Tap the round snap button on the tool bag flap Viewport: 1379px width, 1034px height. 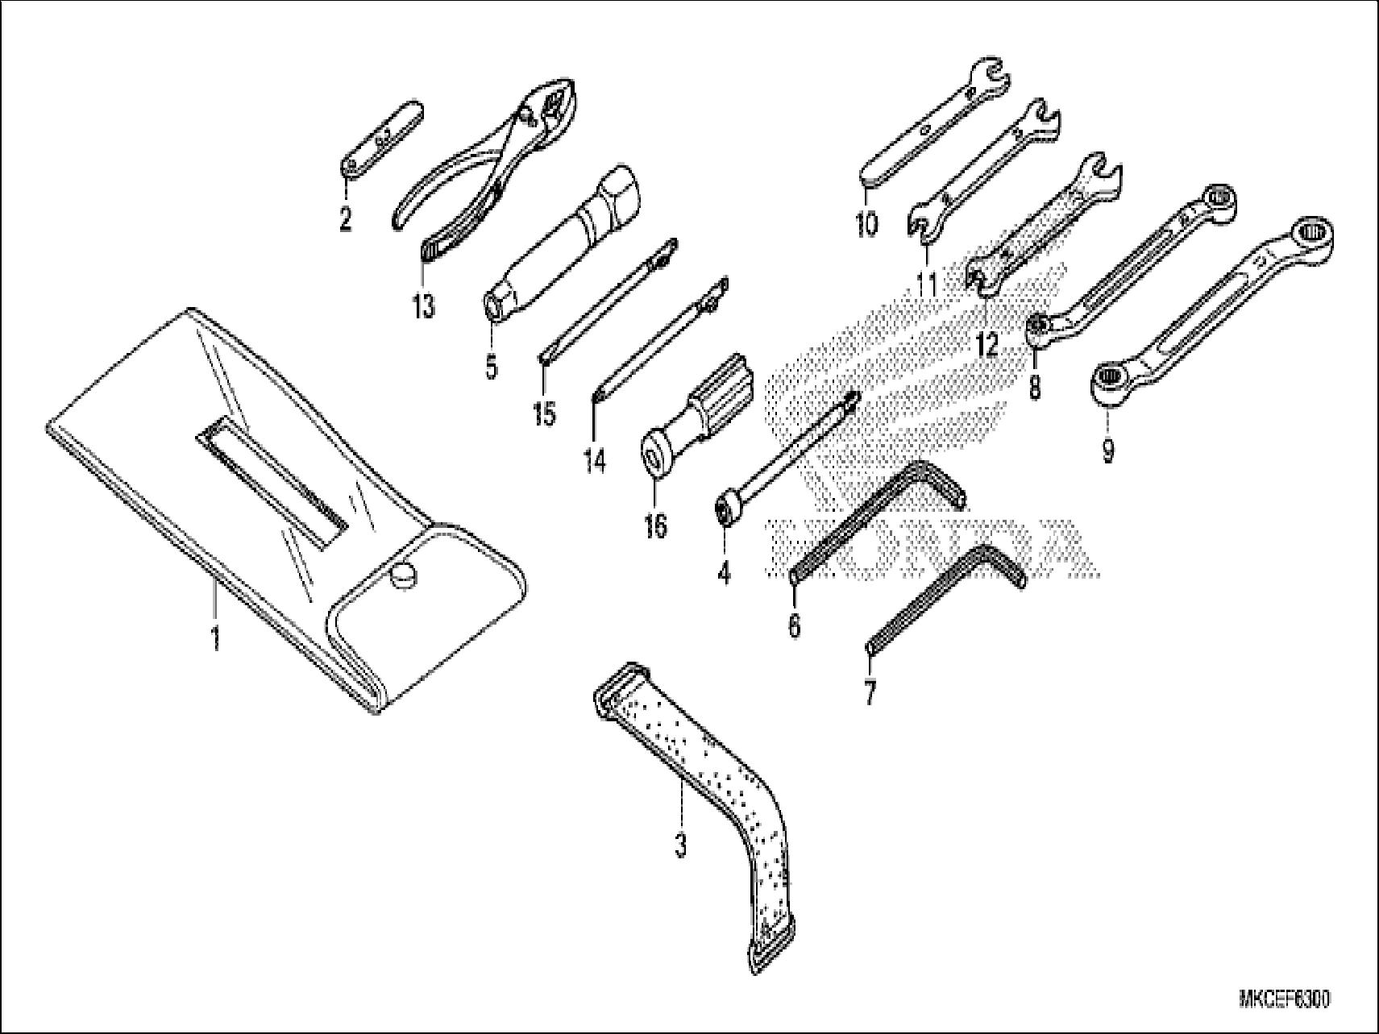402,575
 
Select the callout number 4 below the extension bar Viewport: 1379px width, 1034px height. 724,573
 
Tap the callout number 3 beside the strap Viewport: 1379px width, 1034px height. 681,845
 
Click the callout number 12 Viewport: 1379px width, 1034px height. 986,345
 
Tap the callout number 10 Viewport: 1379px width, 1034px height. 866,223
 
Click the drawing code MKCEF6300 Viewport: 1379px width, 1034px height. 1284,999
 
